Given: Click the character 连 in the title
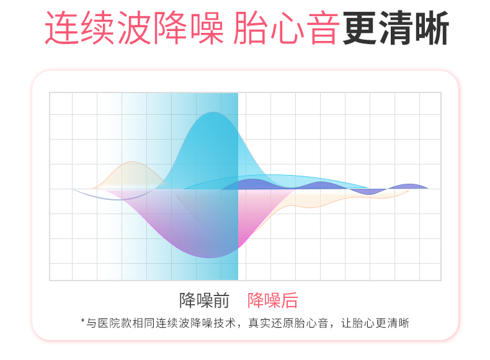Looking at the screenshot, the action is tap(63, 28).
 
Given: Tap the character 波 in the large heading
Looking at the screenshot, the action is tap(135, 28).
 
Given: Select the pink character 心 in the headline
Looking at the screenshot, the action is tap(287, 28).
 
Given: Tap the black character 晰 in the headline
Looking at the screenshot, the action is tap(432, 28).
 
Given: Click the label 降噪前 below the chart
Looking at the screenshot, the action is tap(205, 300).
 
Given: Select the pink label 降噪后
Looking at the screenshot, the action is tap(273, 300).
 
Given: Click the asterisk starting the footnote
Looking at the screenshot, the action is tap(83, 322).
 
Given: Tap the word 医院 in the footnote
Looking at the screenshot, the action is tap(109, 323).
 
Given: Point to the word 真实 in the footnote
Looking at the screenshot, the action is tap(260, 323).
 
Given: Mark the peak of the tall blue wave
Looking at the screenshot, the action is tap(213, 112).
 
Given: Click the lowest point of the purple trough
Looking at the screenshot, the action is tap(210, 257).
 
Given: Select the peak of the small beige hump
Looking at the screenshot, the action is tap(133, 162).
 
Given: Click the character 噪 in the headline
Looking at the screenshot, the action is tap(208, 28).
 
